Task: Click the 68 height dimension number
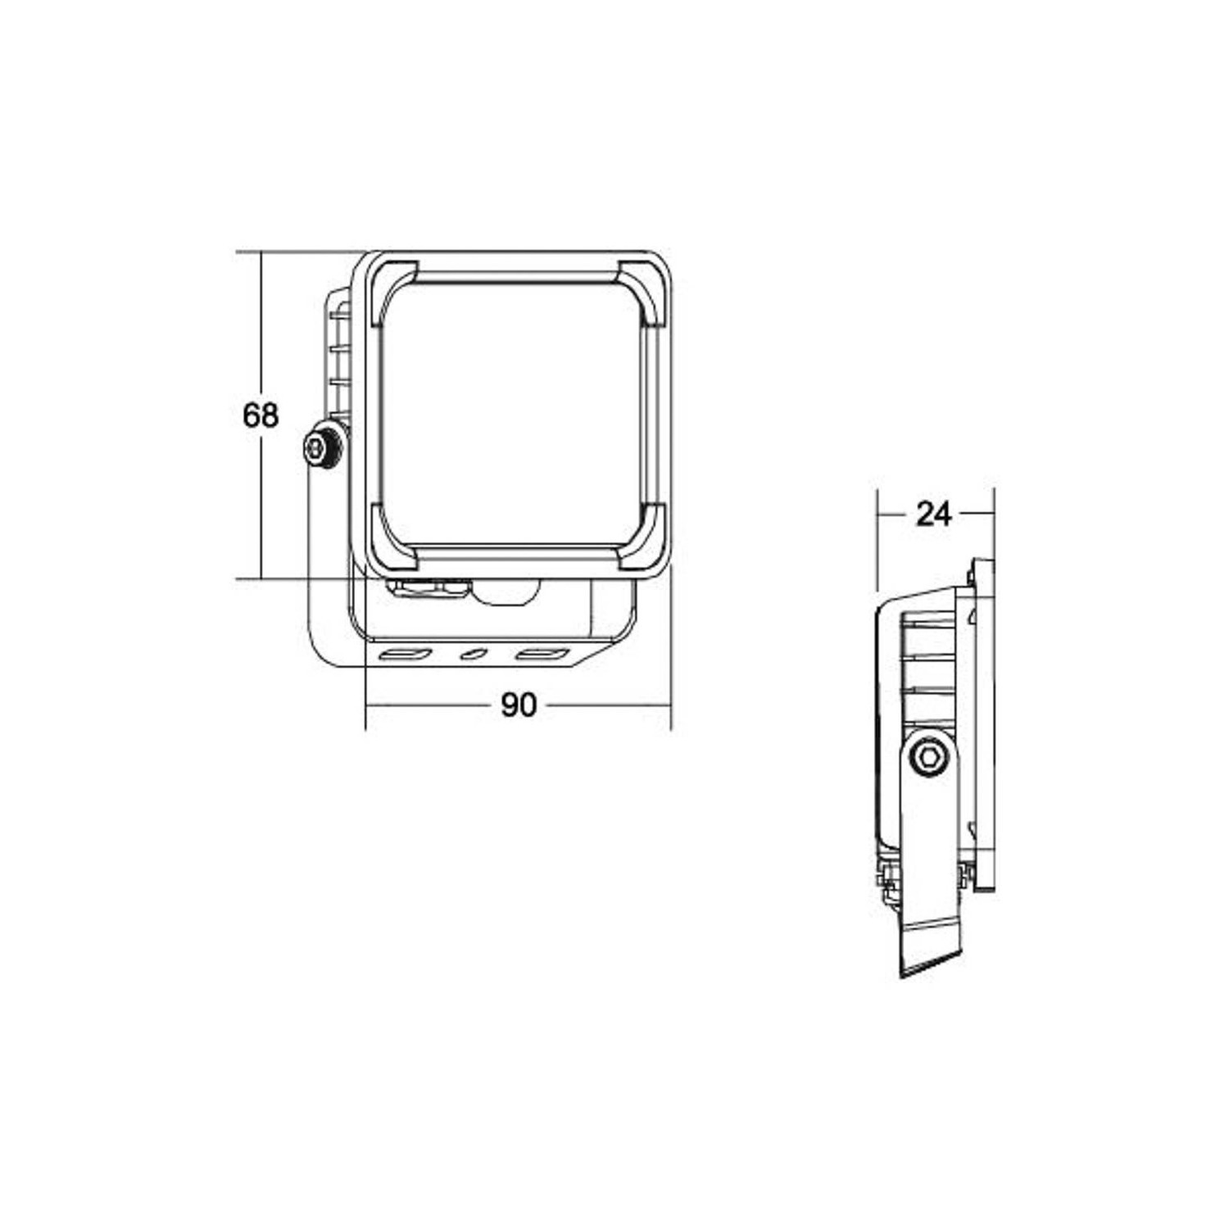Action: tap(261, 416)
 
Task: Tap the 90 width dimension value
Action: tap(518, 705)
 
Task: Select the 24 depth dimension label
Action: tap(934, 515)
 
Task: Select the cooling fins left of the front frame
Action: tap(339, 361)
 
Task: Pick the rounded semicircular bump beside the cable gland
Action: tap(508, 594)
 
